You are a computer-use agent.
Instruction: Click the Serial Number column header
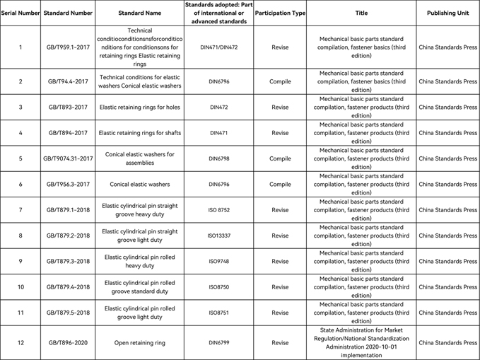pos(21,13)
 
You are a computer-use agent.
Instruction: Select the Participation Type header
pos(280,13)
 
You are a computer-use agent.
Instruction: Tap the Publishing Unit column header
pos(447,13)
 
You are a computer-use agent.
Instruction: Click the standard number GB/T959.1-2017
pos(69,47)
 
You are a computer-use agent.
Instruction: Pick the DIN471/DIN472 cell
pos(219,47)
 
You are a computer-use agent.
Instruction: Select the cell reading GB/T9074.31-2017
pos(69,158)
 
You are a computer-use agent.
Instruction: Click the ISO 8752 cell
pos(219,210)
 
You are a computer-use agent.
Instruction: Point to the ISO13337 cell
pos(219,236)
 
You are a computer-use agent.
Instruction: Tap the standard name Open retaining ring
pos(139,343)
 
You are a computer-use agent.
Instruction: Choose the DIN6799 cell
pos(219,343)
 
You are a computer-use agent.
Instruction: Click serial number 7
pos(21,210)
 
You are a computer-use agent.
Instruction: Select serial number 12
pos(21,343)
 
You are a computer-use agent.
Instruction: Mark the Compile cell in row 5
pos(280,158)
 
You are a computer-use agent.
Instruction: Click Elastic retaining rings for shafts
pos(139,133)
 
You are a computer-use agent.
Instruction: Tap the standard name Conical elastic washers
pos(139,185)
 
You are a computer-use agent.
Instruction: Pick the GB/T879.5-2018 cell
pos(69,313)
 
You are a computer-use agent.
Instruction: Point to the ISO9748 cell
pos(219,261)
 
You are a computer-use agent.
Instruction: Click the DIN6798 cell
pos(219,158)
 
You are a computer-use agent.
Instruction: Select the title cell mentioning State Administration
pos(361,343)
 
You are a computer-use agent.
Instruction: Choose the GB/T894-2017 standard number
pos(69,133)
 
